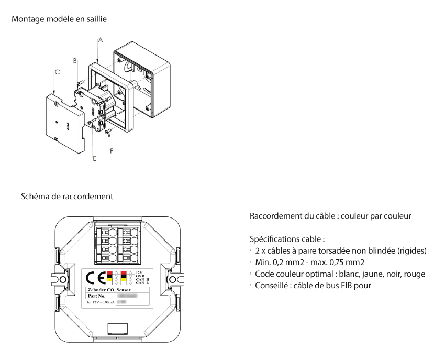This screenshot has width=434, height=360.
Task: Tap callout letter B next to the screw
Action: pos(75,61)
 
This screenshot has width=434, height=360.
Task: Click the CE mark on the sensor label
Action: pos(97,277)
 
